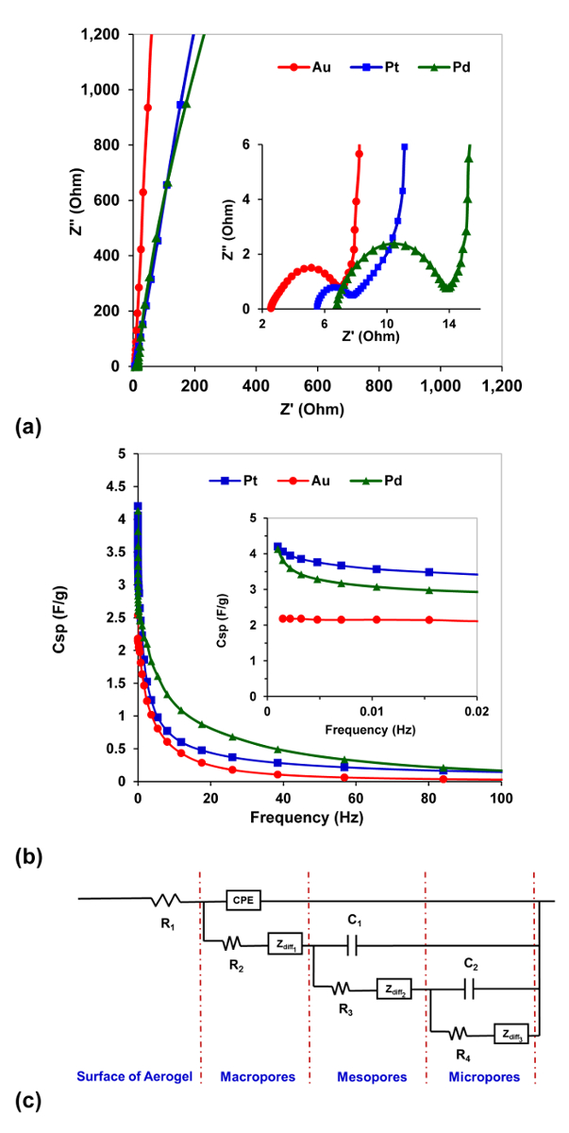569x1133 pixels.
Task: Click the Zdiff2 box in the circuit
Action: tap(395, 989)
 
